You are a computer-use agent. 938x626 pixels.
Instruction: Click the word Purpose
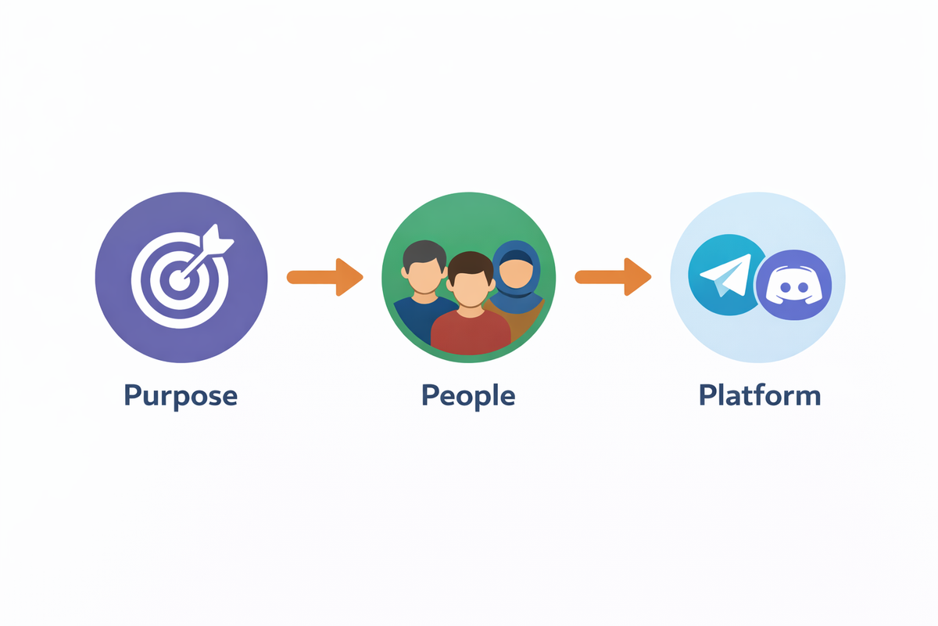(x=181, y=394)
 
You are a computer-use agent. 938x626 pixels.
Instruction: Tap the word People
(x=468, y=394)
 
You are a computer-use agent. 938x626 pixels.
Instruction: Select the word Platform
(x=759, y=394)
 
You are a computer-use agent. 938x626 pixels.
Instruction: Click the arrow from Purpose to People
(x=325, y=277)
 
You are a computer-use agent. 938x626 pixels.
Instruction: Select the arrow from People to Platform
(x=613, y=277)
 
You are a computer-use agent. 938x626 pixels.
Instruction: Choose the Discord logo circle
(x=794, y=286)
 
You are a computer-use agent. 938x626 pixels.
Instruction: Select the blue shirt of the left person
(x=414, y=317)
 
